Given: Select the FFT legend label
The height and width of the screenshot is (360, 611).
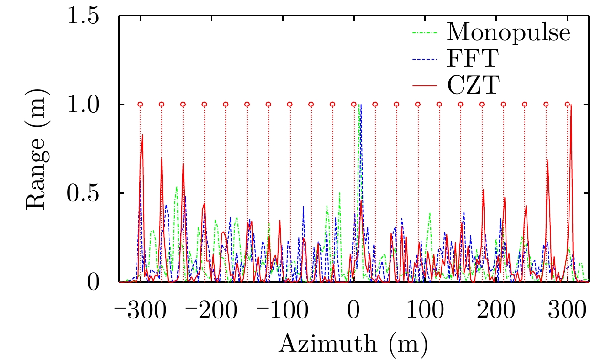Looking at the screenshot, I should pos(474,59).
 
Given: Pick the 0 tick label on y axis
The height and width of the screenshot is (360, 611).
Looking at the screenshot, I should pos(95,282).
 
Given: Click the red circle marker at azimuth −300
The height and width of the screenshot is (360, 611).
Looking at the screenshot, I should pos(140,104).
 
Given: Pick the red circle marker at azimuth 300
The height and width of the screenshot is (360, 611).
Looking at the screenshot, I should pos(567,104).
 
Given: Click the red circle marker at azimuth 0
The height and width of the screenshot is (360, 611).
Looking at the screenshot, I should pos(354,104).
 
